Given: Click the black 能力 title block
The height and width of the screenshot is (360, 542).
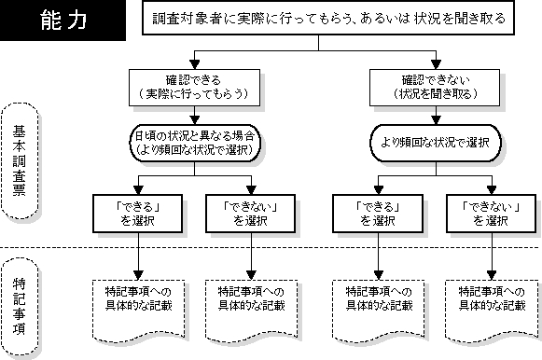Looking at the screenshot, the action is click(63, 20).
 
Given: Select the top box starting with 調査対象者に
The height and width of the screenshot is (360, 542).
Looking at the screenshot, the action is click(328, 18).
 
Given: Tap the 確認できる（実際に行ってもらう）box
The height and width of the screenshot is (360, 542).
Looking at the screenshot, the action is click(194, 88).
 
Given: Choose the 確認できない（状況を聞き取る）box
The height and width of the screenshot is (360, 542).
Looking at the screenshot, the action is click(435, 88).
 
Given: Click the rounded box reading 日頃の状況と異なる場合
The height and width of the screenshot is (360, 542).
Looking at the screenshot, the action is click(195, 143).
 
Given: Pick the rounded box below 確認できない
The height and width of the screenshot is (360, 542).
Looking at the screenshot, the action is click(436, 143).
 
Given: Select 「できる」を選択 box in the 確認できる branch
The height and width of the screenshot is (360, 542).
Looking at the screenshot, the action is click(137, 214).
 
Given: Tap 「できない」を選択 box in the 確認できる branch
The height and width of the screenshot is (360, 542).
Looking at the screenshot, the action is click(251, 214).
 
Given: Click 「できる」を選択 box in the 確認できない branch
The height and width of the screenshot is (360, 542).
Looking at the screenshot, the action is click(378, 214).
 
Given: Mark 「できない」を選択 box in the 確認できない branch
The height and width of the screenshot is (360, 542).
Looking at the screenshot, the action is click(492, 214).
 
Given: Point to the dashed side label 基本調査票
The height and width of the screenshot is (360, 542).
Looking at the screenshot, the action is click(20, 160).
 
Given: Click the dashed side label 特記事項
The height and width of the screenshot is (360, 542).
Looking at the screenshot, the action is click(20, 306).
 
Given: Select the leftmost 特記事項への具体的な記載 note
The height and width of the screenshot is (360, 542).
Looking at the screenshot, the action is click(139, 311).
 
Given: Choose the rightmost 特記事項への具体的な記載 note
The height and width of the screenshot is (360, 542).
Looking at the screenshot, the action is click(492, 311).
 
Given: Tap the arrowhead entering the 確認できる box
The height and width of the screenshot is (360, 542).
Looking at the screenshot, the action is click(195, 64).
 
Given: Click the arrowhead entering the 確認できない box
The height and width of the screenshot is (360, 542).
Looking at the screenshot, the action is click(436, 64).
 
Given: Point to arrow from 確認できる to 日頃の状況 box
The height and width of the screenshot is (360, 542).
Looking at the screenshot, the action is click(195, 115).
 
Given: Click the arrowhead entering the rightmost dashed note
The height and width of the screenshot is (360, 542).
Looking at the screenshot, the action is click(492, 275).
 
